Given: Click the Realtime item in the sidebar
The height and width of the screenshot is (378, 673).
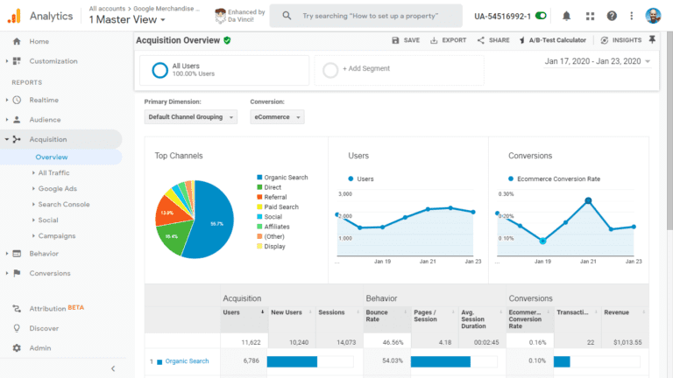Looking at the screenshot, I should coord(43,100).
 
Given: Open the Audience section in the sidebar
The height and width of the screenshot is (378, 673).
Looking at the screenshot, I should coord(45,120).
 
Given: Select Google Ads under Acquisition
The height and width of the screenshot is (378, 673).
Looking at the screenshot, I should coord(57,188).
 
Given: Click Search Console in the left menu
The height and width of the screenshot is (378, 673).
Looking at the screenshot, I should coord(63,204).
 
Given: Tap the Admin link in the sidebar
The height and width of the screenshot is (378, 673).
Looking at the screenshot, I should coord(39,348).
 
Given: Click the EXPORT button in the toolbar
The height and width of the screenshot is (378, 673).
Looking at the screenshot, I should coord(448,40).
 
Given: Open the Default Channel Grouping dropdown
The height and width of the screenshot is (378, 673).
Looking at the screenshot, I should coord(190,117).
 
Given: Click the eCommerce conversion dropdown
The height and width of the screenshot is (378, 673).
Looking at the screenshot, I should coord(277,117).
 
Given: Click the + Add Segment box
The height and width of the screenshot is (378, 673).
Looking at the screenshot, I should coord(399,69).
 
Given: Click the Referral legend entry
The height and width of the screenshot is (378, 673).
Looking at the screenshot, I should coord(275,197).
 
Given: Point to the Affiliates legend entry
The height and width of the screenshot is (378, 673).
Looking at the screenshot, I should coord(277,227).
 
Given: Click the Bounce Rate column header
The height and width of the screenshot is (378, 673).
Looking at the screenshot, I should coord(378,316).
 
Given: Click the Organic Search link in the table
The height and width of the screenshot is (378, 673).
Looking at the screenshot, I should coord(187,361).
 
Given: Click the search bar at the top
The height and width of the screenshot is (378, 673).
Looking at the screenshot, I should coord(366,16).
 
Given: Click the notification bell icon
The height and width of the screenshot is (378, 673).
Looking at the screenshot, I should coord(567,16).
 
